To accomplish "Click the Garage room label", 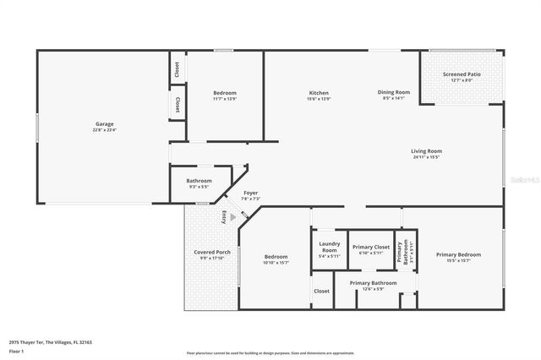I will pyautogui.click(x=105, y=124).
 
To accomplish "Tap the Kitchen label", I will pyautogui.click(x=319, y=92).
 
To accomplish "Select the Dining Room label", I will pyautogui.click(x=394, y=92).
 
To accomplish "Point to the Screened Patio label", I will pyautogui.click(x=462, y=75).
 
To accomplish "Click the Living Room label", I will pyautogui.click(x=427, y=151).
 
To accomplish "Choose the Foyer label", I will pyautogui.click(x=251, y=194).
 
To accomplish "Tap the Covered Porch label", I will pyautogui.click(x=212, y=252).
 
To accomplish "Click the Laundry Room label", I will pyautogui.click(x=329, y=247).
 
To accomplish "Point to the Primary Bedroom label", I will pyautogui.click(x=458, y=254).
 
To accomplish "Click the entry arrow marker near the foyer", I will pyautogui.click(x=233, y=217).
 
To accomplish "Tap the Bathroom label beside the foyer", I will pyautogui.click(x=199, y=180).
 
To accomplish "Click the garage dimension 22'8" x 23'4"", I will pyautogui.click(x=105, y=130).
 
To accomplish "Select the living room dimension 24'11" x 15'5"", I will pyautogui.click(x=427, y=157).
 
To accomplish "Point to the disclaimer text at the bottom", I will pyautogui.click(x=270, y=352).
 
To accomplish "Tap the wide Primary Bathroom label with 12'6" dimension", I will pyautogui.click(x=373, y=283).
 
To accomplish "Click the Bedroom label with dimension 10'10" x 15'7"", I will pyautogui.click(x=276, y=257).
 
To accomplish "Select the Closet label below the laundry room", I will pyautogui.click(x=322, y=291).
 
